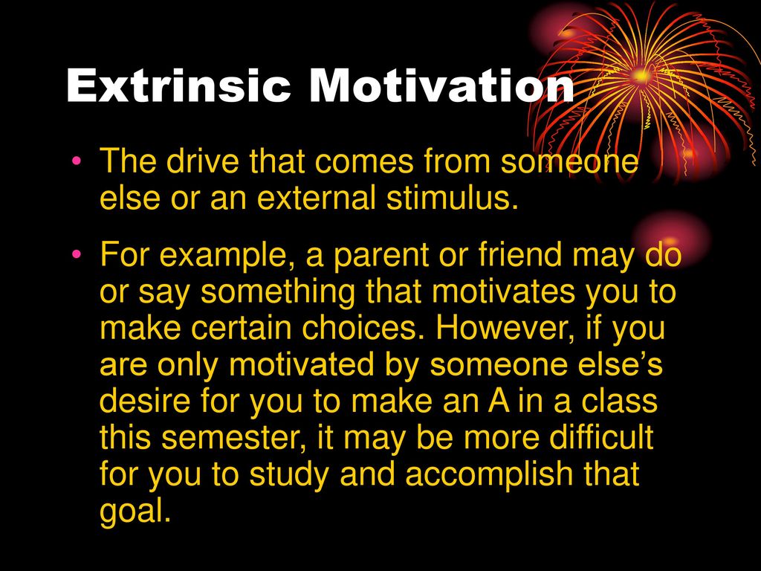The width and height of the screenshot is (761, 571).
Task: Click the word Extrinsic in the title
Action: [178, 86]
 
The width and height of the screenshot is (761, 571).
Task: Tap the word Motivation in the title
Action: [441, 86]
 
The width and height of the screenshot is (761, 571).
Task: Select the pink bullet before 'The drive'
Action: [76, 161]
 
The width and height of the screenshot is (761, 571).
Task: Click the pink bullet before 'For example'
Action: [76, 254]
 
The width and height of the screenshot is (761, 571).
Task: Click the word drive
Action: [202, 161]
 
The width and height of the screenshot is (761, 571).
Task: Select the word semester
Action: [235, 437]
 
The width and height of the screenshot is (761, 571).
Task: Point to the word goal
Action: [135, 512]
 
